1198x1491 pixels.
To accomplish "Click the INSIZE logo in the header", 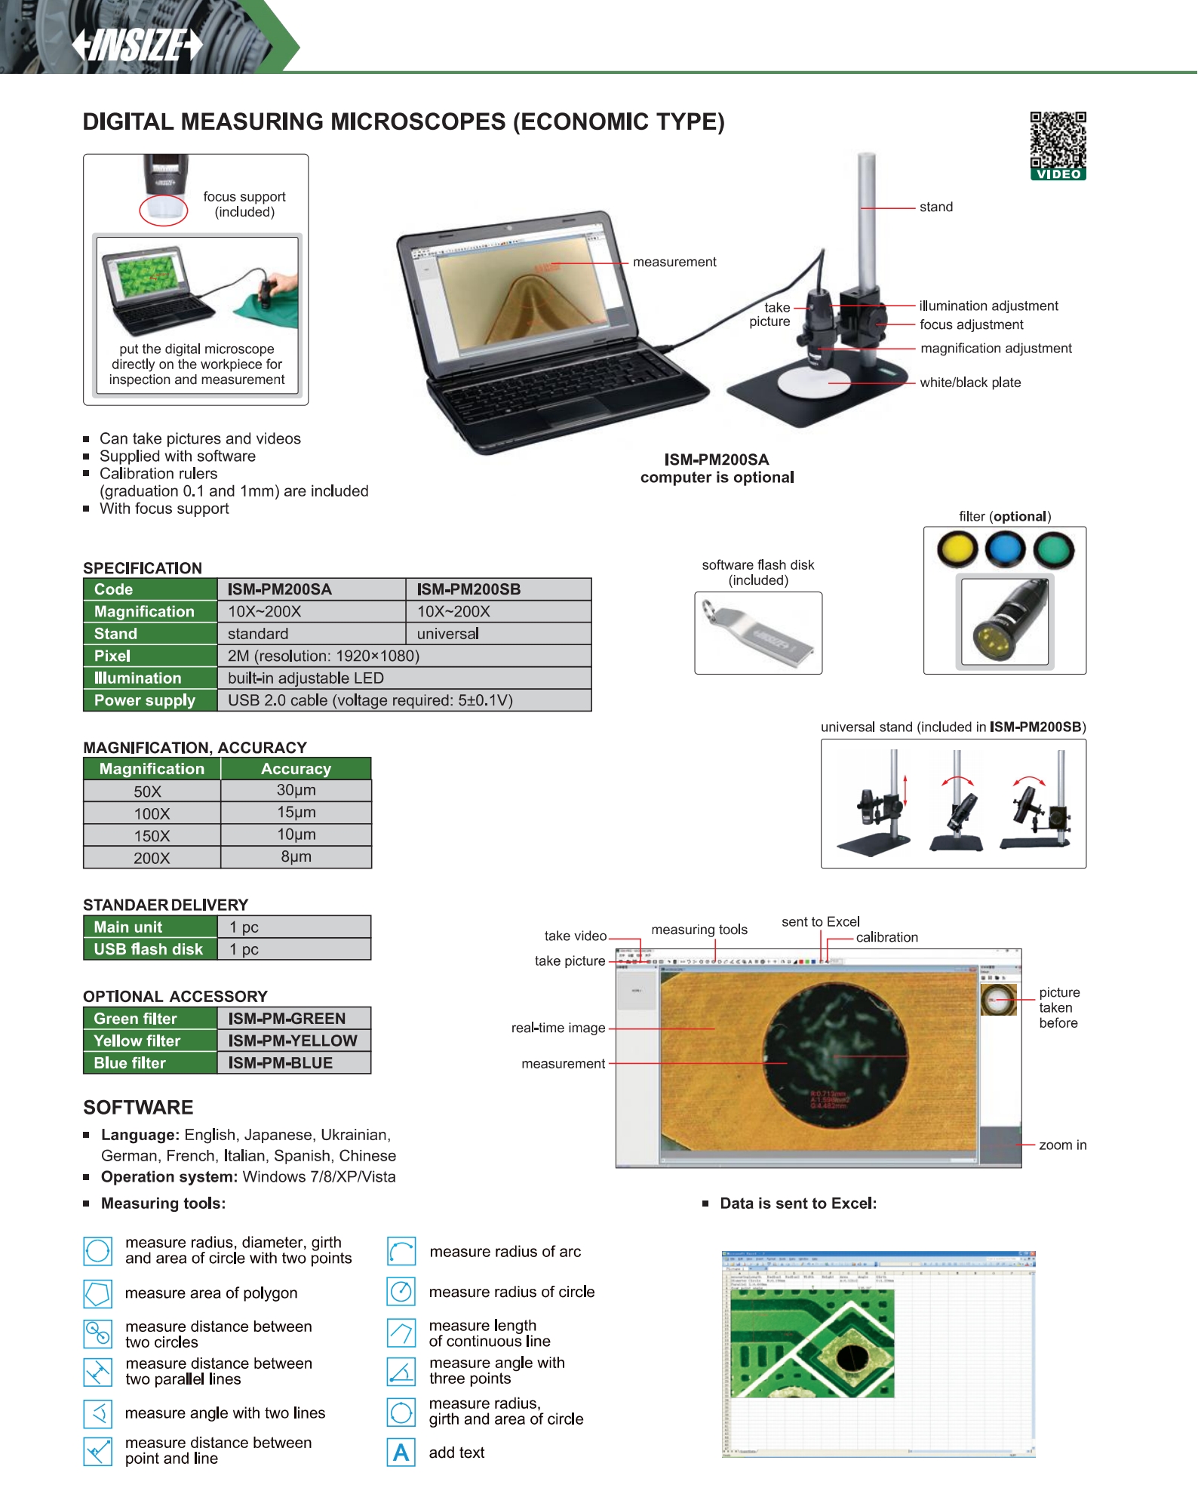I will click(137, 45).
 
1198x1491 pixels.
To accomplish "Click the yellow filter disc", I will click(957, 549).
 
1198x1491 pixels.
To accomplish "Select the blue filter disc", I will click(1005, 549).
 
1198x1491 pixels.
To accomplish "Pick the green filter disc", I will click(1054, 549).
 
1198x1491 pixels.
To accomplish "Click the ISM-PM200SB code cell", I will click(498, 589).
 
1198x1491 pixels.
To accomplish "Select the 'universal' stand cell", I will click(498, 634).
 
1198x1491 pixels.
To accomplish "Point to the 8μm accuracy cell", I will click(296, 857).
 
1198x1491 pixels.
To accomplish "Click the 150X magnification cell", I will click(152, 836).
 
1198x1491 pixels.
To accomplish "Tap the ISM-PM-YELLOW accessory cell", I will click(293, 1041).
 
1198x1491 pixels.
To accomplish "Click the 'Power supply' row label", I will click(145, 700).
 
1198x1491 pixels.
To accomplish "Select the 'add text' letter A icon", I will click(401, 1453).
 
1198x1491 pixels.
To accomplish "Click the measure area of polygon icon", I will click(98, 1293).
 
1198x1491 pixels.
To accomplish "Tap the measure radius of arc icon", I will click(401, 1251).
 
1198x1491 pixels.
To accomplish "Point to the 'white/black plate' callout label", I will click(970, 383).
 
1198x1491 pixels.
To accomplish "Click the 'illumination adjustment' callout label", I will click(988, 306).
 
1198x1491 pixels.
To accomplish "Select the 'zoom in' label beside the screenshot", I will click(1062, 1145).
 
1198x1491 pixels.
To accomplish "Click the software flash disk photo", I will click(758, 632).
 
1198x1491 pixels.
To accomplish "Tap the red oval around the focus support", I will click(164, 210).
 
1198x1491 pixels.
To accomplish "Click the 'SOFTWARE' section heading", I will click(138, 1107).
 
